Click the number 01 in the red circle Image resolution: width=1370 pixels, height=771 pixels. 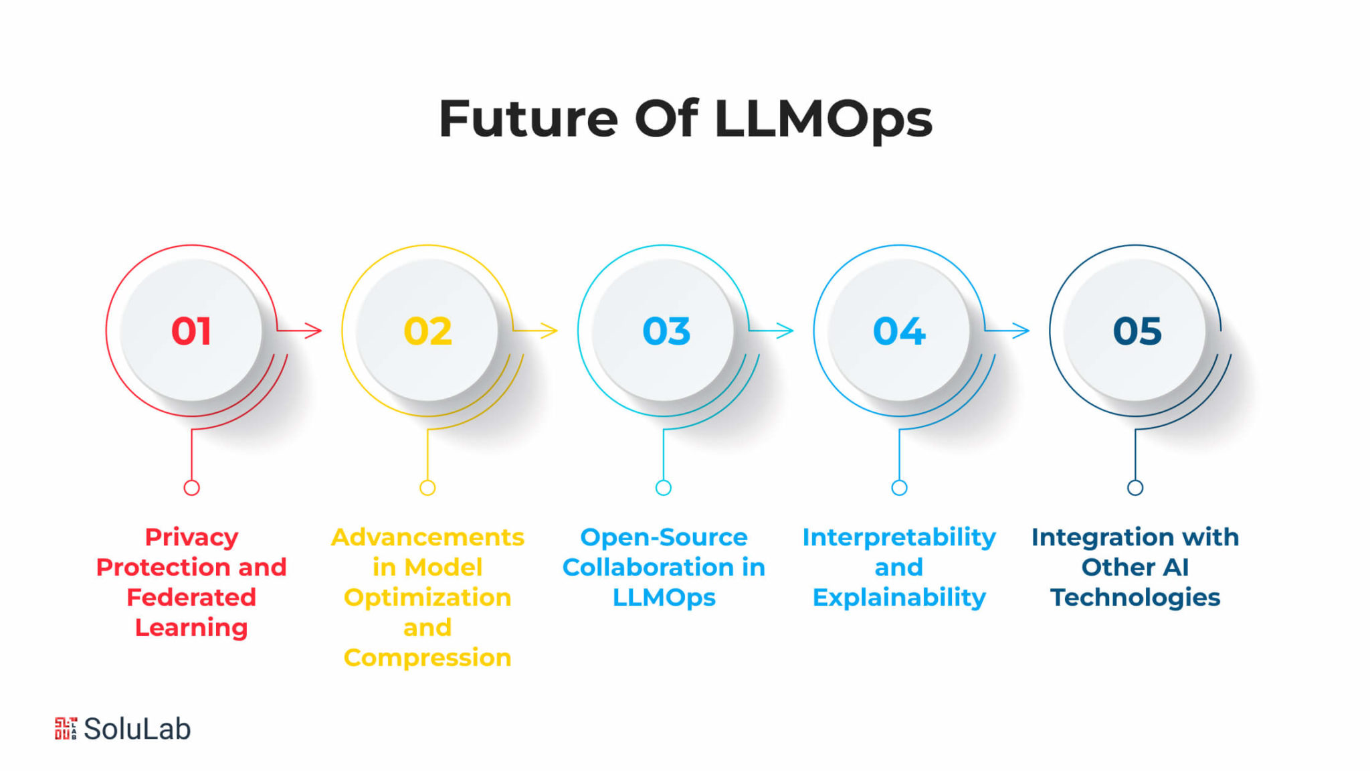coord(191,331)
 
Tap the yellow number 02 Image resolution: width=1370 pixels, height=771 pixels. coord(427,331)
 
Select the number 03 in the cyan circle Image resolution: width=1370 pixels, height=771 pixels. coord(666,331)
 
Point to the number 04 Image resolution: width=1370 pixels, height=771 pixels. coord(899,331)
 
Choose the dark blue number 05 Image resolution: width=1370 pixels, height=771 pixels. coord(1137,331)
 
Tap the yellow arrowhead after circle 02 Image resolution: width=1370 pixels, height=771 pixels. coord(549,330)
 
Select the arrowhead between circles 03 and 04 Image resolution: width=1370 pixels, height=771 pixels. coord(785,330)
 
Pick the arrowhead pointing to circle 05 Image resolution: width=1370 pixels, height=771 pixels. coord(1021,330)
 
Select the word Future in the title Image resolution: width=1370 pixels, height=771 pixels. coord(528,119)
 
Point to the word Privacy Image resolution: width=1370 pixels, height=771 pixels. coord(192,537)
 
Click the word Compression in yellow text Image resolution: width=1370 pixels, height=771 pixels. coord(427,658)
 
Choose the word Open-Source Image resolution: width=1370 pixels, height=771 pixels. coord(664,537)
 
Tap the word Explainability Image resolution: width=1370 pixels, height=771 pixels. coord(899,598)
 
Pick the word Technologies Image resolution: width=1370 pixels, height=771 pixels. coord(1135,598)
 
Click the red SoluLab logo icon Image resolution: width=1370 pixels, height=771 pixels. coord(66,728)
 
